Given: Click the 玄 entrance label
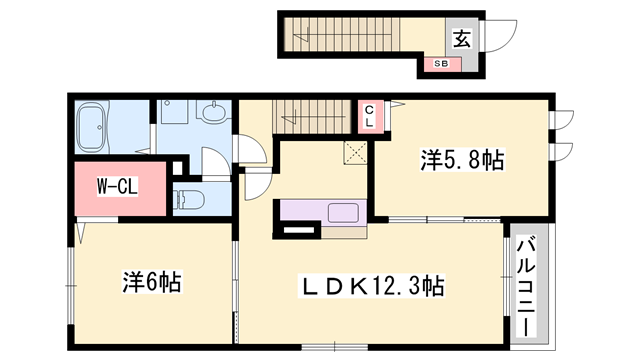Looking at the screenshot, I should [462, 39].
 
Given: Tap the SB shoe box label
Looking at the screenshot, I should [441, 64].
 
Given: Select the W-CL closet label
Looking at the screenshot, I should [117, 187].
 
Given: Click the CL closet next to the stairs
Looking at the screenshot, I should [370, 116].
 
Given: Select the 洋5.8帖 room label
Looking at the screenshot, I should [461, 159].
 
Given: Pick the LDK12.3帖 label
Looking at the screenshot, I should [374, 286].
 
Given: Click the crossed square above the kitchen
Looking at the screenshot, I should [355, 152].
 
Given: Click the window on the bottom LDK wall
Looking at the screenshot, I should [334, 346].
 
